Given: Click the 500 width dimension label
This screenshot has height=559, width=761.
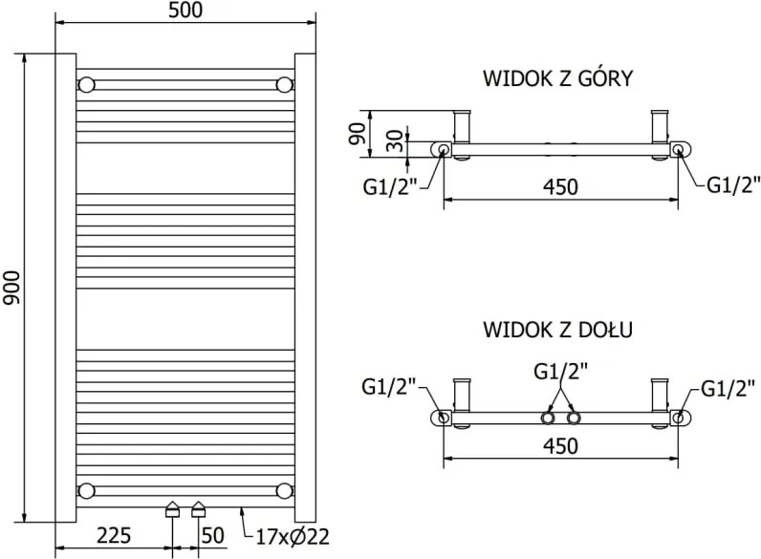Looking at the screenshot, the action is [185, 11].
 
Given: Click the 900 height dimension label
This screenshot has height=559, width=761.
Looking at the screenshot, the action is [11, 288].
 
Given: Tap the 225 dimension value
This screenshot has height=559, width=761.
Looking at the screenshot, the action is [114, 536].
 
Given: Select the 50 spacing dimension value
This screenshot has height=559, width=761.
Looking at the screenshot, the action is [212, 536].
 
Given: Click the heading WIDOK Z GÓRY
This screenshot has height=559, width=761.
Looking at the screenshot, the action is [558, 78].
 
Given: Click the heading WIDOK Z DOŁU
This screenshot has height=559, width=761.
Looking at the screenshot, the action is [558, 330].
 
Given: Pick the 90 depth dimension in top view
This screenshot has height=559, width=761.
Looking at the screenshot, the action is [358, 134].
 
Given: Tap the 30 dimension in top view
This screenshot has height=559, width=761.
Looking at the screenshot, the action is [396, 140].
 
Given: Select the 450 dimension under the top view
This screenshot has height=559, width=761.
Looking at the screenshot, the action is [560, 187].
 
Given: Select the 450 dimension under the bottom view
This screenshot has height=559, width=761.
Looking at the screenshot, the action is [560, 446].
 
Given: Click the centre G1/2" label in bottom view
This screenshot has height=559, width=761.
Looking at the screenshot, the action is [560, 372].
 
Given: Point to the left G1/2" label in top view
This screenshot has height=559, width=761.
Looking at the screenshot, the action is [390, 186].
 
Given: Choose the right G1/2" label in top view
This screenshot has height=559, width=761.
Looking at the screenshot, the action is [733, 184].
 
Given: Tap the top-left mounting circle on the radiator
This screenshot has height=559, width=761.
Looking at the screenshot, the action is [86, 85].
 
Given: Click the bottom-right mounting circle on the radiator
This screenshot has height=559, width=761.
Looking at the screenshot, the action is [284, 490].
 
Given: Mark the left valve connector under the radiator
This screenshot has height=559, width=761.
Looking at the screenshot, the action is [173, 509].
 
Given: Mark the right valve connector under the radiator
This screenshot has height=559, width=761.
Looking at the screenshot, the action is [199, 509].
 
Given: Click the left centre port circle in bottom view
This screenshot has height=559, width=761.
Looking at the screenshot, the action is [548, 418].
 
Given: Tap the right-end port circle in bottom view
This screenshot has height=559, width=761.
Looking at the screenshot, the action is [678, 418].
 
